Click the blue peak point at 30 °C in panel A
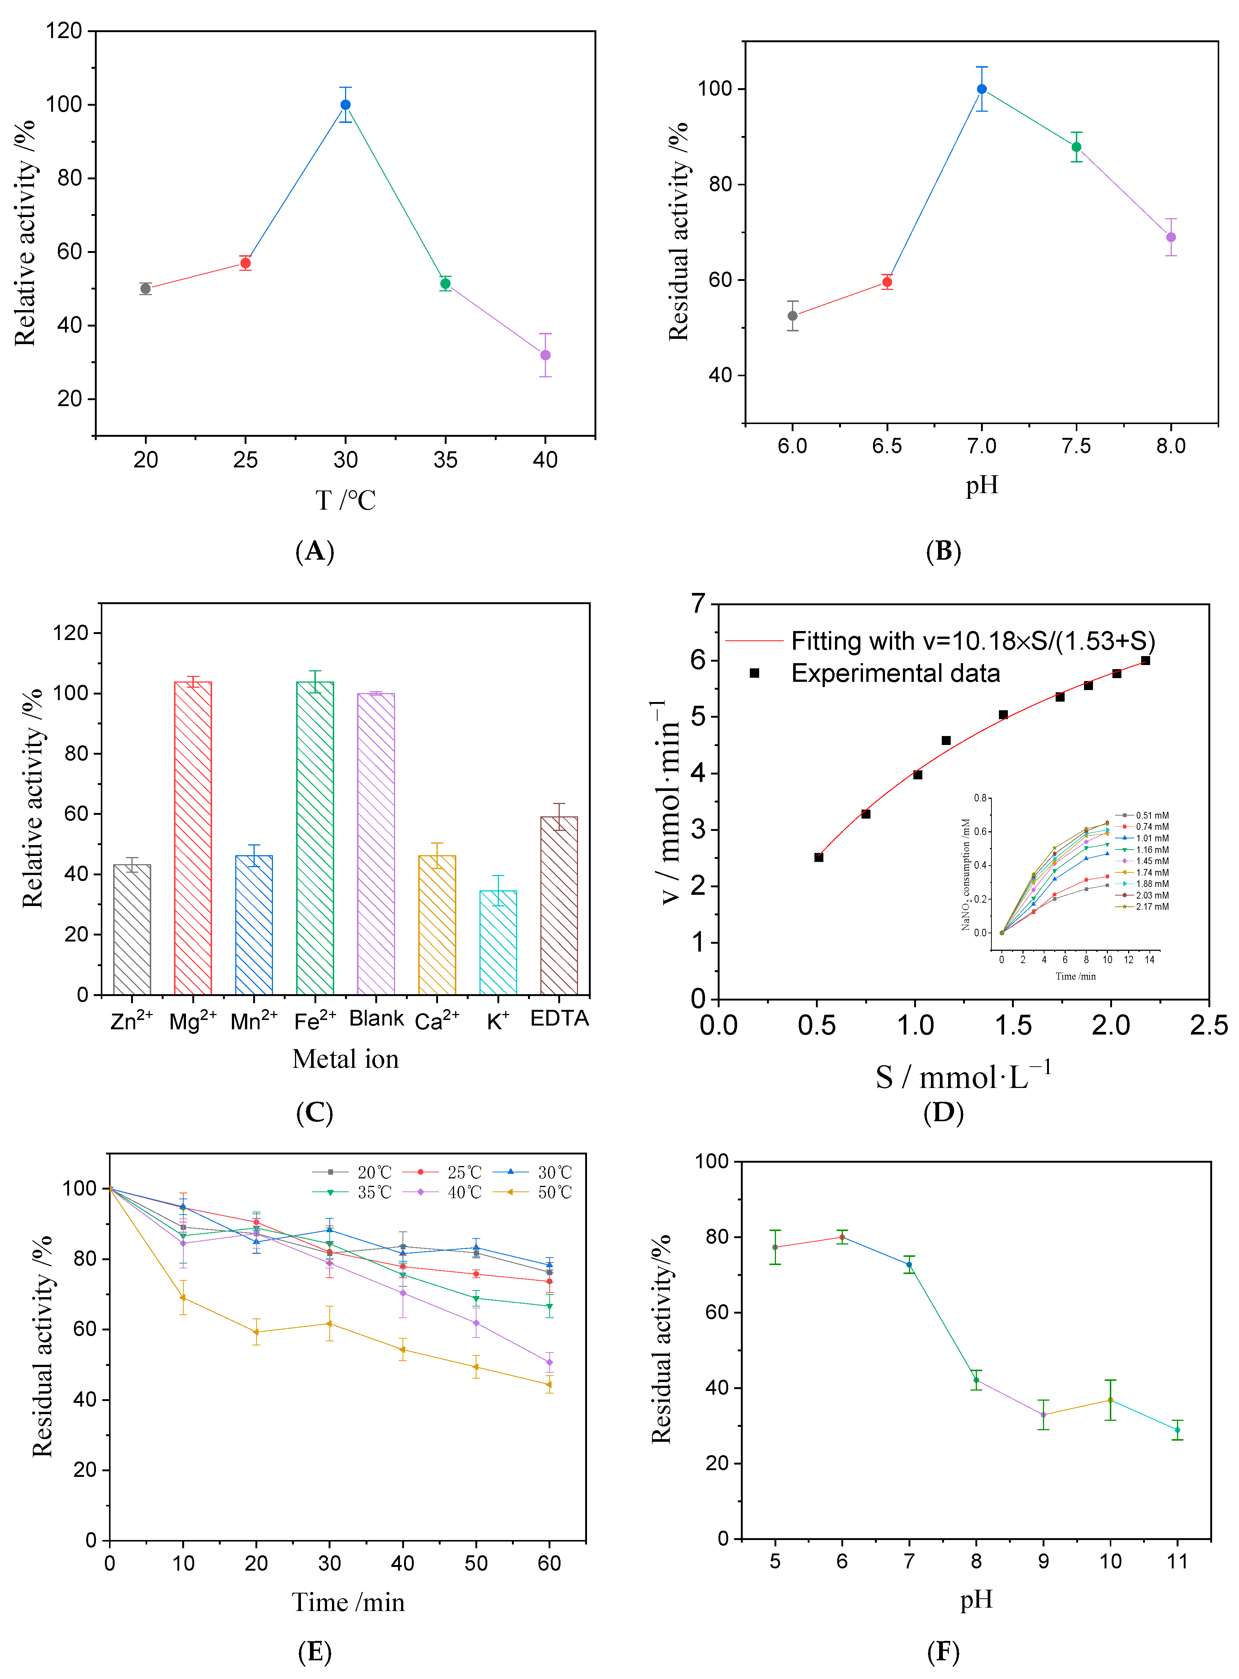[x=345, y=105]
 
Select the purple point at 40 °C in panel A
[x=545, y=355]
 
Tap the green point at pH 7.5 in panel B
[x=1076, y=147]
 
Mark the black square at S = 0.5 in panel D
[x=819, y=857]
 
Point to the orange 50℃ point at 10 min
[x=183, y=1298]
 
